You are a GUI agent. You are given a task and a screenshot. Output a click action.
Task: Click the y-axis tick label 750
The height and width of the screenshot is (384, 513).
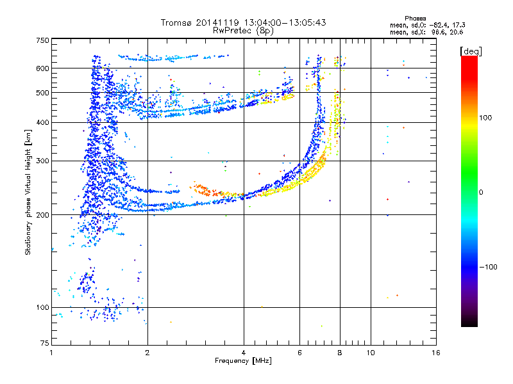42,40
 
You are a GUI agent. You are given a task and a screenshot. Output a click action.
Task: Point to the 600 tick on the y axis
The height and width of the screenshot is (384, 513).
42,68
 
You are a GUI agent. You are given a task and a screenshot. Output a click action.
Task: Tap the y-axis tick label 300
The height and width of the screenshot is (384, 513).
42,161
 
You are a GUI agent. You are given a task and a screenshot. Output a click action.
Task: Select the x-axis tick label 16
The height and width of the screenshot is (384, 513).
435,353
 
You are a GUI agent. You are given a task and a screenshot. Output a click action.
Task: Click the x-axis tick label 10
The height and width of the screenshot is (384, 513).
370,353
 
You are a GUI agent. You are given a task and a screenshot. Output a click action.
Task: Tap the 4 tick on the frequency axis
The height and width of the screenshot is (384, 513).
244,353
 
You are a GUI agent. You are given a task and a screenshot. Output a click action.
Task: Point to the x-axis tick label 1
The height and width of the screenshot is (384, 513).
51,353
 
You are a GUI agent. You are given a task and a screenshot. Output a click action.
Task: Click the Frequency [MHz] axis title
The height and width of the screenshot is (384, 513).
243,361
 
